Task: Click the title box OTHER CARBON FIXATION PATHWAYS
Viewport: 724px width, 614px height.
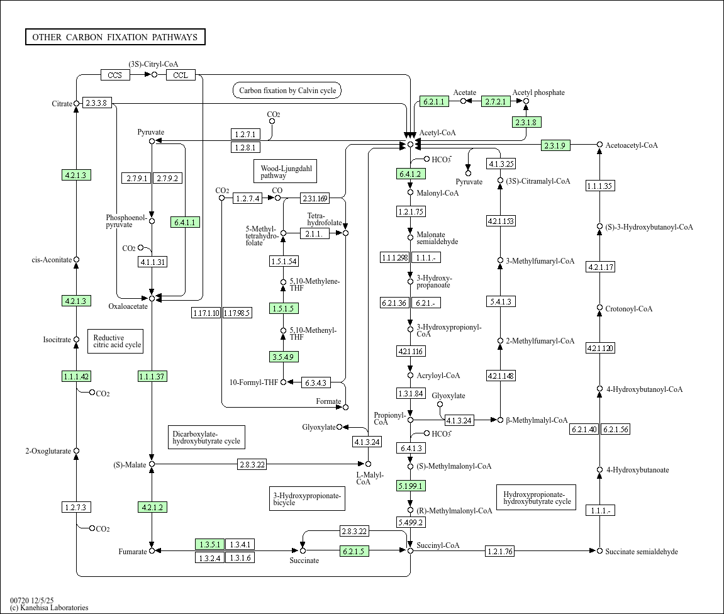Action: [x=115, y=37]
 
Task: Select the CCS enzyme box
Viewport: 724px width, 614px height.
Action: [x=115, y=75]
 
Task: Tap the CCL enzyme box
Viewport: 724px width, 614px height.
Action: [x=181, y=75]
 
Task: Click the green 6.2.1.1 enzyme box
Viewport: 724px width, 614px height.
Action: [x=434, y=101]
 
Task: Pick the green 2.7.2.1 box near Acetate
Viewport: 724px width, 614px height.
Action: [x=496, y=101]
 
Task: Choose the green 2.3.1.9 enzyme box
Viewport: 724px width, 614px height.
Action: [x=555, y=146]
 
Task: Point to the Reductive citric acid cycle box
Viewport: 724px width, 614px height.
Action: [x=116, y=341]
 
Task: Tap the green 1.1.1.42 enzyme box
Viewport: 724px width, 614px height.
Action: [x=77, y=376]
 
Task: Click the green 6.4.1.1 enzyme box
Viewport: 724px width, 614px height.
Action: [x=185, y=222]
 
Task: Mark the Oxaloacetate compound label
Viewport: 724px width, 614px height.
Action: [x=128, y=307]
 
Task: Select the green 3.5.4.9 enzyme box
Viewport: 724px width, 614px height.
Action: [x=284, y=357]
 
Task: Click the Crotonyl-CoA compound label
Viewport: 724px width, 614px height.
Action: [x=628, y=309]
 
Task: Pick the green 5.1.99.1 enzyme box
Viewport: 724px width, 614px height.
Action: [x=411, y=486]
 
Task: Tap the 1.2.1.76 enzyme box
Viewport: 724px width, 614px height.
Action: [x=500, y=552]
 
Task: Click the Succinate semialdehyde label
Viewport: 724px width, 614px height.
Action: [x=641, y=552]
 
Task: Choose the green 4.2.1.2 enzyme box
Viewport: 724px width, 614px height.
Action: [x=152, y=507]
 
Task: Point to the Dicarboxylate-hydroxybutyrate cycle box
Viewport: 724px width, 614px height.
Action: [x=206, y=437]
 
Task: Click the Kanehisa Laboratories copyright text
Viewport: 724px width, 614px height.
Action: [x=49, y=608]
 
